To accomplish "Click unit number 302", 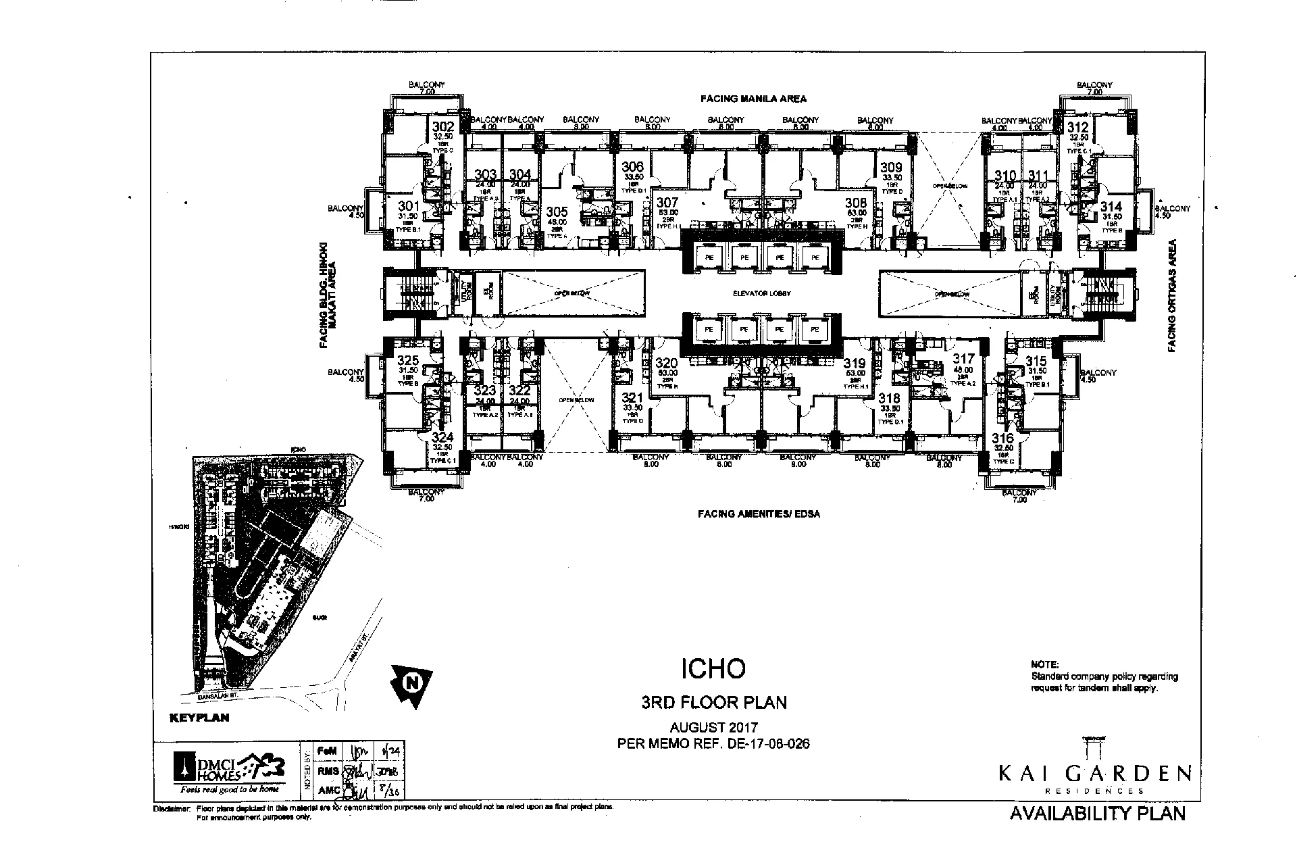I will (443, 127).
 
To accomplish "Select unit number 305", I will (557, 211).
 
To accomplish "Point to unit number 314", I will (1111, 207).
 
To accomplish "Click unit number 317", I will (963, 359).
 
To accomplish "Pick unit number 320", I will (667, 363).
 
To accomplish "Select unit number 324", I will (443, 438).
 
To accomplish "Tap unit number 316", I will (1003, 439).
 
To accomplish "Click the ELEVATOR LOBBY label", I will (762, 294).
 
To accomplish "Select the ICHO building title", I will (713, 668).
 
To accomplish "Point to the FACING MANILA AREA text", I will (753, 99).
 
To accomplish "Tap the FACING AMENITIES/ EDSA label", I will (759, 514).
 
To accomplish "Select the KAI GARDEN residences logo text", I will (1095, 772).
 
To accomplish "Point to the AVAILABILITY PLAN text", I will (1097, 814).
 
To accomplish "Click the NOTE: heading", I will (1045, 664).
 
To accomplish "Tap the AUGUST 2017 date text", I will (713, 728).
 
